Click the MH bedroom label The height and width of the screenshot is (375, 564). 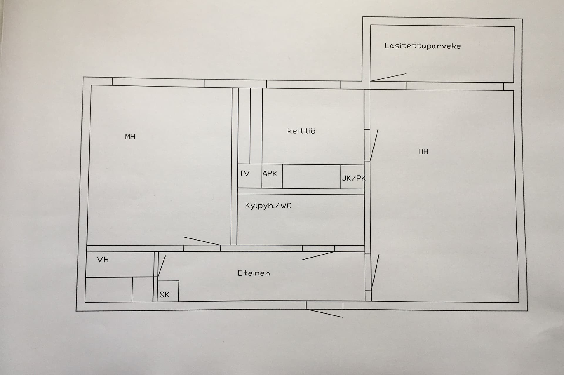point(130,137)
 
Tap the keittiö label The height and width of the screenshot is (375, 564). point(301,131)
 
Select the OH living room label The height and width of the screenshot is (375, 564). point(424,152)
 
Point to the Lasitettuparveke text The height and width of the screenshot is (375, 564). point(423,46)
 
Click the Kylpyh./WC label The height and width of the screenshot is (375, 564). point(268,206)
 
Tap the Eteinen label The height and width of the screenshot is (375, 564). point(254,273)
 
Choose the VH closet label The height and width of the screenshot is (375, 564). point(103,260)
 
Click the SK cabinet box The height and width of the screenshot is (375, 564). point(168,291)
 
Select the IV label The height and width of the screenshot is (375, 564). point(245,174)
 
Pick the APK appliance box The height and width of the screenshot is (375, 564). point(272,176)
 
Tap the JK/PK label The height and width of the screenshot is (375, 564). point(354,178)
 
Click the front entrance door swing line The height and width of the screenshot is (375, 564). point(324,313)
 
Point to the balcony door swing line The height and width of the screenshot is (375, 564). point(388,77)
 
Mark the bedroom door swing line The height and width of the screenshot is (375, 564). point(202,241)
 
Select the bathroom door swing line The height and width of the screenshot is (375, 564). point(318,255)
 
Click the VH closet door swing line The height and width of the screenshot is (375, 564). point(162,266)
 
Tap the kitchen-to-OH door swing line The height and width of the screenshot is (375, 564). point(374,145)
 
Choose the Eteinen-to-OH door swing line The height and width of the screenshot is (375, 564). point(375,273)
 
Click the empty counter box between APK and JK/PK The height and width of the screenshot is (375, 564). point(311,176)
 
